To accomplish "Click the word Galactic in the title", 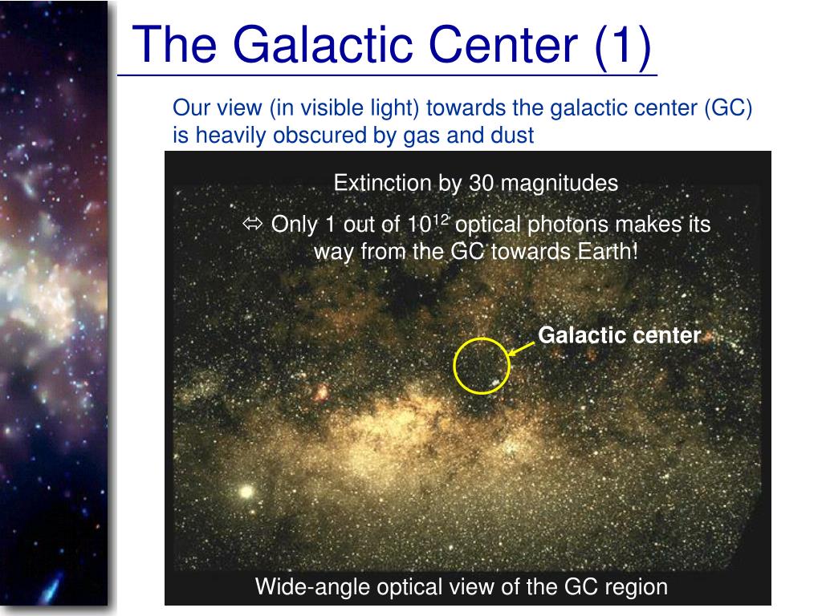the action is click(x=325, y=45).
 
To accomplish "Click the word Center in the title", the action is click(x=503, y=45).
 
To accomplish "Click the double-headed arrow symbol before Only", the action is click(x=253, y=224).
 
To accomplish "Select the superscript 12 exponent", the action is click(x=442, y=218).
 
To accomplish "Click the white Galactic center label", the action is click(x=619, y=335).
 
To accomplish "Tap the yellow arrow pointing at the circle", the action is click(x=522, y=349).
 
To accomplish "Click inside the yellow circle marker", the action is click(x=482, y=366).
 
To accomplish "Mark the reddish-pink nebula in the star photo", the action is click(x=321, y=391).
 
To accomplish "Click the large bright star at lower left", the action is click(x=246, y=492).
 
